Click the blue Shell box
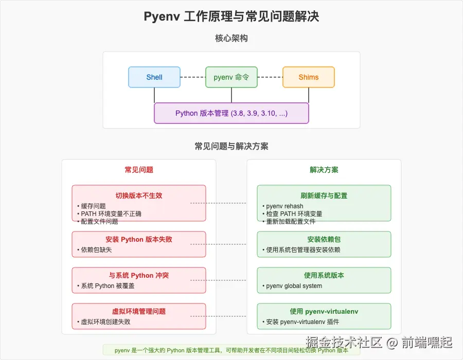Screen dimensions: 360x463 pyautogui.click(x=154, y=77)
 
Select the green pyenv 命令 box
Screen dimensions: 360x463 pyautogui.click(x=232, y=77)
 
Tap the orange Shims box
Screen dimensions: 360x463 pyautogui.click(x=309, y=77)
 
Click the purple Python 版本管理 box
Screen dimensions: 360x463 pyautogui.click(x=232, y=113)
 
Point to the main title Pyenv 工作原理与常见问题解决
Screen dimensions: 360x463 pyautogui.click(x=232, y=16)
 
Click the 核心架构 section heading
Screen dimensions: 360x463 pyautogui.click(x=232, y=38)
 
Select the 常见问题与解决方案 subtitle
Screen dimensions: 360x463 pyautogui.click(x=232, y=146)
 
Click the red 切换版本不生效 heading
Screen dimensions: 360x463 pyautogui.click(x=139, y=195)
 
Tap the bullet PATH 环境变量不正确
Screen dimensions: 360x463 pyautogui.click(x=111, y=214)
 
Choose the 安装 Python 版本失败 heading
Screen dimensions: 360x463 pyautogui.click(x=139, y=239)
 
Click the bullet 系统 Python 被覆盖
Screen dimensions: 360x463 pyautogui.click(x=108, y=286)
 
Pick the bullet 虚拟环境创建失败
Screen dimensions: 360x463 pyautogui.click(x=105, y=322)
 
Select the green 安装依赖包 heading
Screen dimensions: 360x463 pyautogui.click(x=324, y=239)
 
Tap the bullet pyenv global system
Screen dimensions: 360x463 pyautogui.click(x=294, y=286)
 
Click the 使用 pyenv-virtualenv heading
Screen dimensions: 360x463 pyautogui.click(x=324, y=311)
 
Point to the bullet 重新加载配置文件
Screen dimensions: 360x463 pyautogui.click(x=291, y=222)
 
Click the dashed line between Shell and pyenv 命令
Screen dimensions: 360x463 pyautogui.click(x=193, y=77)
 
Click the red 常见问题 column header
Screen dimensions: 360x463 pyautogui.click(x=139, y=170)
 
